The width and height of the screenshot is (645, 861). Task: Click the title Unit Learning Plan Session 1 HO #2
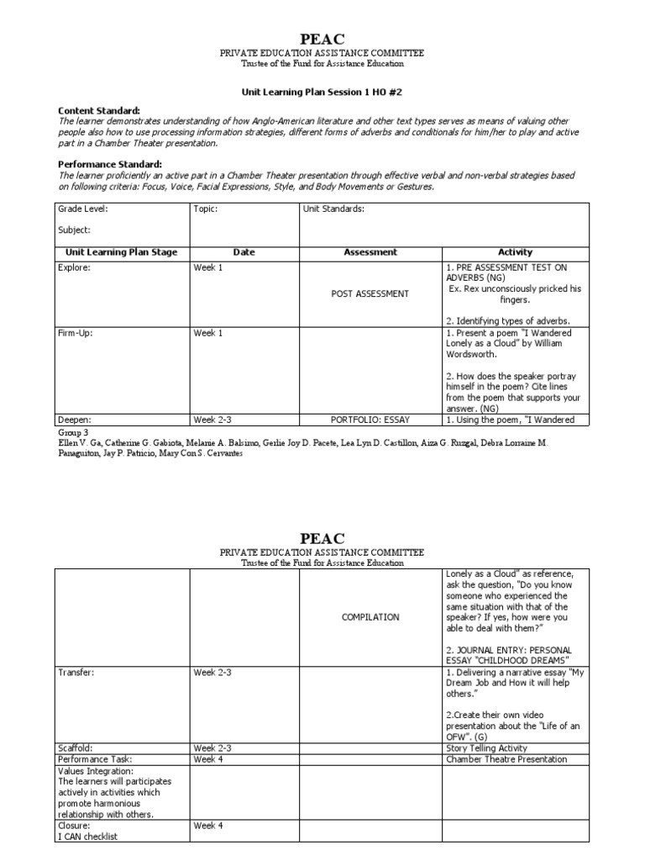[322, 95]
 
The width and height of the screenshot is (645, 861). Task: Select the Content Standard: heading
[98, 111]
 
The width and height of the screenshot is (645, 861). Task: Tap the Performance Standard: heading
[109, 164]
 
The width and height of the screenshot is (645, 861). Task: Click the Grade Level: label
[82, 209]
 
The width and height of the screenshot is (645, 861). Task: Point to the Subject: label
[74, 230]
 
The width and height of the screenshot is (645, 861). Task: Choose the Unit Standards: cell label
[333, 209]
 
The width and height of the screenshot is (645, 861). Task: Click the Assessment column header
[370, 252]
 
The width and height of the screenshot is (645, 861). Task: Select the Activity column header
[515, 252]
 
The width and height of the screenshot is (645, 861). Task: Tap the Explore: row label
[73, 267]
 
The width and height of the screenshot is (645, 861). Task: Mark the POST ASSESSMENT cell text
[370, 294]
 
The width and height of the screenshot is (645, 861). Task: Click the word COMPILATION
[370, 617]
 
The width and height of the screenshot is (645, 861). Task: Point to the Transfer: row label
[76, 673]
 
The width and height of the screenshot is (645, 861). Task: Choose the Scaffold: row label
[76, 747]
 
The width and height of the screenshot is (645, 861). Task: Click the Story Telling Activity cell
[487, 747]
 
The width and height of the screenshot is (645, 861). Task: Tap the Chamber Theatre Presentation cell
[506, 759]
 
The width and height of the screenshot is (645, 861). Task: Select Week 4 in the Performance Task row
[209, 759]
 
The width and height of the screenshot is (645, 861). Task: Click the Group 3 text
[73, 432]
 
